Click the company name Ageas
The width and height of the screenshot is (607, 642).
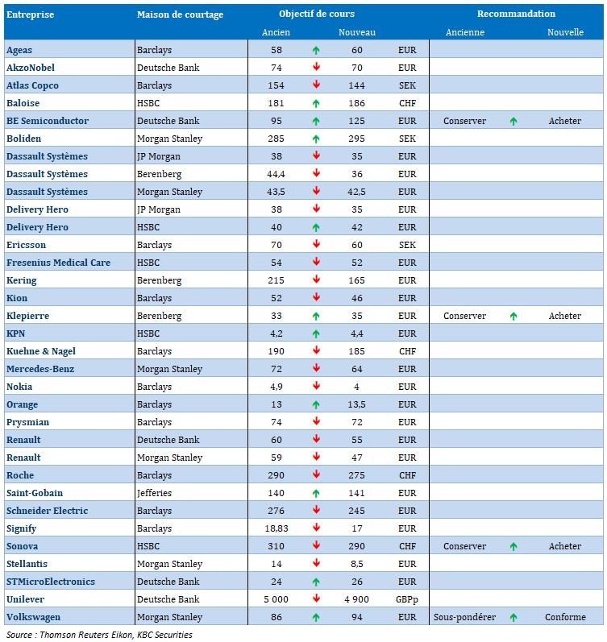pos(19,50)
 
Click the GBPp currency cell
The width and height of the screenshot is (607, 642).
pos(407,599)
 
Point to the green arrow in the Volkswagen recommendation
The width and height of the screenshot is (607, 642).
pos(513,617)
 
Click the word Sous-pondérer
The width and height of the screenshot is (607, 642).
pos(464,617)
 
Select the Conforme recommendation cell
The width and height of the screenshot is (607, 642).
pos(565,617)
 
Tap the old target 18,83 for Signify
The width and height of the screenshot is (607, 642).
pos(276,528)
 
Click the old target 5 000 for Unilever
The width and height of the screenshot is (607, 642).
pos(276,599)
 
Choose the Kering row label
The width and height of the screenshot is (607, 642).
pos(22,280)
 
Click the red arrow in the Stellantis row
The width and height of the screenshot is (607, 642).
pos(316,564)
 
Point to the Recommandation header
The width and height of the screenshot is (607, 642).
pos(516,14)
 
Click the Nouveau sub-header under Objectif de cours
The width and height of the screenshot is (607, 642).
pos(356,32)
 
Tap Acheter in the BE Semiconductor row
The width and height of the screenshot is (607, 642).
pos(564,121)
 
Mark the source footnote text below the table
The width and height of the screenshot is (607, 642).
pos(99,635)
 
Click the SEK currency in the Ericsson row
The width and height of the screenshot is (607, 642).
pos(407,245)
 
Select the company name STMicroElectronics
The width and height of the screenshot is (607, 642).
pos(51,582)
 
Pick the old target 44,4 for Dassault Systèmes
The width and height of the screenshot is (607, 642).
pos(276,174)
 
